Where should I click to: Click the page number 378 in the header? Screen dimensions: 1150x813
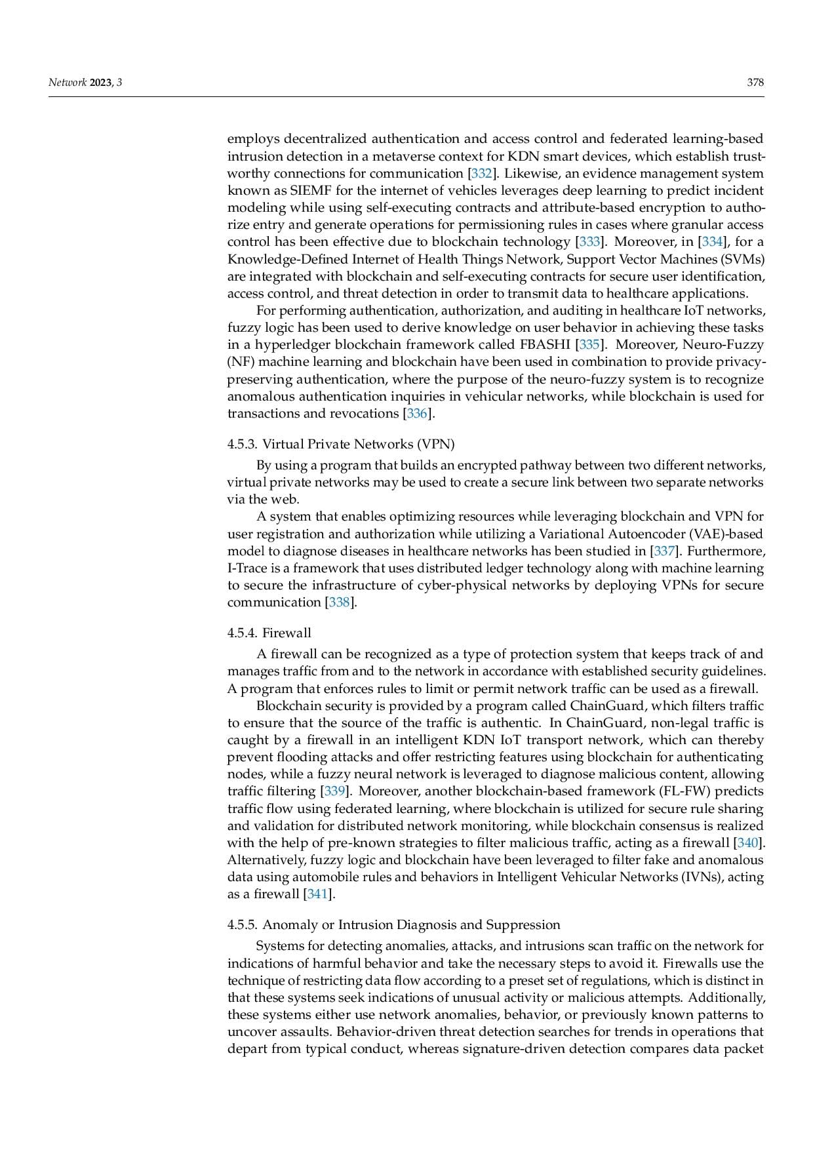click(x=755, y=83)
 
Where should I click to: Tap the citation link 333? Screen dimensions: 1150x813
click(x=590, y=242)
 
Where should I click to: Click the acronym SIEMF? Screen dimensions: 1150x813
click(x=296, y=191)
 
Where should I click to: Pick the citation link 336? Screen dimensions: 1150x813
click(x=417, y=414)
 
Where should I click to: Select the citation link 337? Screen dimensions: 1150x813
click(x=665, y=551)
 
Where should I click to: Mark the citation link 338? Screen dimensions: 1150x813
click(x=340, y=603)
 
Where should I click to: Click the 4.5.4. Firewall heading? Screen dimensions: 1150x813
click(x=269, y=633)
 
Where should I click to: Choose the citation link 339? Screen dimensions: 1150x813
click(x=334, y=791)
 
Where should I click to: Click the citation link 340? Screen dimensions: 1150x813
click(x=748, y=843)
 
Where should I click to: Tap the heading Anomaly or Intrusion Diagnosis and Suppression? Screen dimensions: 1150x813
click(x=394, y=925)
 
